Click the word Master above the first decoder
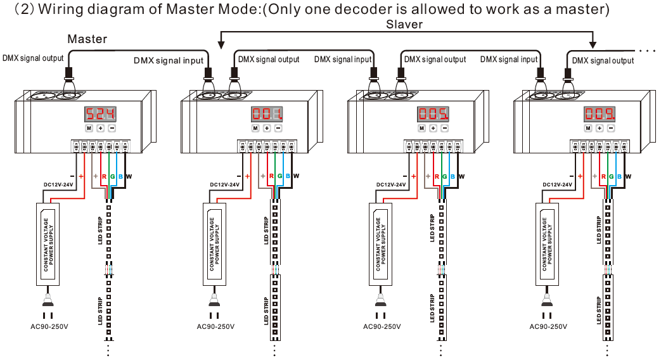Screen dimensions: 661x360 pos(87,39)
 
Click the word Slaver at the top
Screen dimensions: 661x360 pos(404,25)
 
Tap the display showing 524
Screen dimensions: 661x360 pos(100,114)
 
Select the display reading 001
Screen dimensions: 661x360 pos(267,114)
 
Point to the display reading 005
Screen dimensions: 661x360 pos(433,114)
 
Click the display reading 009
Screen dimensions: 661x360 pos(600,114)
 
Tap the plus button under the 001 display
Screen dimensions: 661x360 pos(267,128)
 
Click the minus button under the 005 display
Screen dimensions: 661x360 pos(445,128)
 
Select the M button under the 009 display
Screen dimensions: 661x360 pos(588,128)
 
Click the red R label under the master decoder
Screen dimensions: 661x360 pos(104,176)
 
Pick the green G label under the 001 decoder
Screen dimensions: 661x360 pos(279,176)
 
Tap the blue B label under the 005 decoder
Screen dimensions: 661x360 pos(452,176)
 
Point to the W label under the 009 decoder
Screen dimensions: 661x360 pos(628,176)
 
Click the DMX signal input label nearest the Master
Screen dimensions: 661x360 pos(169,61)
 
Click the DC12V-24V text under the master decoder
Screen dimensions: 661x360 pos(58,184)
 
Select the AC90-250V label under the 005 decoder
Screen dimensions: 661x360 pos(382,326)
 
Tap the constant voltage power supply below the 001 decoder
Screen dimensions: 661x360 pos(215,244)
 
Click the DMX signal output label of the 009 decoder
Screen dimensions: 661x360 pos(603,61)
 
